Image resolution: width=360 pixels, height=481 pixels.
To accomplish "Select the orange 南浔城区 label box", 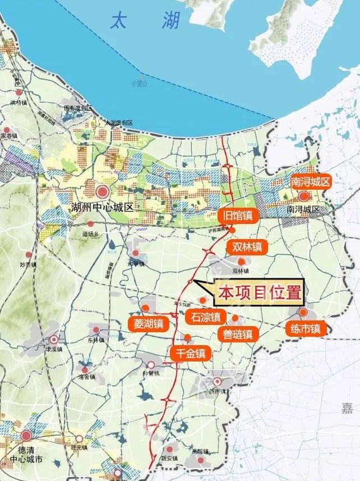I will [x=311, y=182].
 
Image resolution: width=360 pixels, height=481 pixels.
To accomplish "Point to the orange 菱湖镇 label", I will [x=148, y=324].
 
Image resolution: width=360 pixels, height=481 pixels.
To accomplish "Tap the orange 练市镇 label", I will [x=306, y=329].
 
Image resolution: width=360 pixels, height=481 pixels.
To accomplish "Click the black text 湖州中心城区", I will [x=103, y=208].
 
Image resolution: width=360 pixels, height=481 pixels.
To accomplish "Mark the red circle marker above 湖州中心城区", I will [x=103, y=191].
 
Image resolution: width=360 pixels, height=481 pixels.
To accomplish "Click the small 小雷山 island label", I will [x=139, y=84].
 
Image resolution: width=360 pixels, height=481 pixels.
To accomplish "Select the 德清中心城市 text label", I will [x=26, y=453].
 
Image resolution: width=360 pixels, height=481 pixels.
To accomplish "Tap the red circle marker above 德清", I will [x=26, y=436].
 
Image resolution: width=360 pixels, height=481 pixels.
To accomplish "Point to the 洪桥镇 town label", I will [x=18, y=103].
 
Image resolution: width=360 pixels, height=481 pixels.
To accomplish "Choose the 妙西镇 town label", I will [x=27, y=264].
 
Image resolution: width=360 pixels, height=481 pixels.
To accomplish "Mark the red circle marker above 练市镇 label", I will [x=303, y=313].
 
